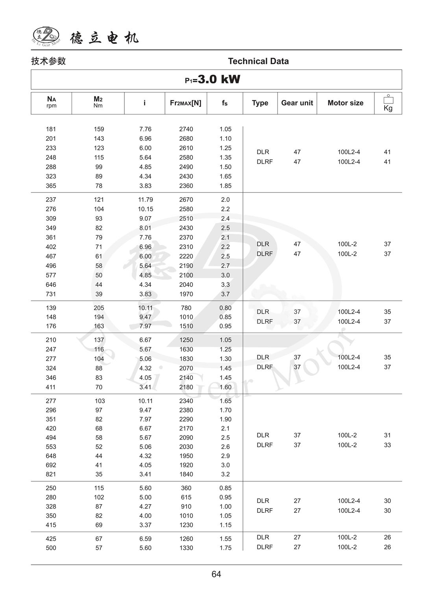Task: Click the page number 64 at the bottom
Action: click(216, 574)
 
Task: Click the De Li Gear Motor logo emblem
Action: click(46, 36)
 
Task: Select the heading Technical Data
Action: click(258, 61)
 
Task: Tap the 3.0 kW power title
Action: click(213, 80)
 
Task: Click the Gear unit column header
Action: click(297, 103)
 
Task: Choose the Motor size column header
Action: click(345, 103)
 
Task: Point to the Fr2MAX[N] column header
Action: click(185, 103)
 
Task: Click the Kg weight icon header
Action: click(388, 103)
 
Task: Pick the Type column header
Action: click(260, 103)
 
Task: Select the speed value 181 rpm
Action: click(51, 129)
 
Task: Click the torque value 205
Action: click(99, 308)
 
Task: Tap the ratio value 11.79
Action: click(145, 200)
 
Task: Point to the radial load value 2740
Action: click(186, 129)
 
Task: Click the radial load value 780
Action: click(186, 308)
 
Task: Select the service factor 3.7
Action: click(225, 294)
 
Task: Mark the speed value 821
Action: click(51, 474)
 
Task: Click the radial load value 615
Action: click(186, 497)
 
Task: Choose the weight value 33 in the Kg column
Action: click(387, 445)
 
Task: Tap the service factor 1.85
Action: click(225, 186)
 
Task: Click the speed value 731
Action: click(51, 294)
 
